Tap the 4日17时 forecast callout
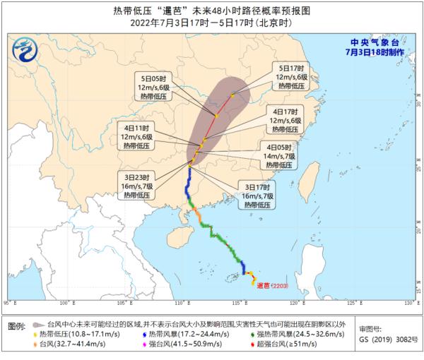[288, 121]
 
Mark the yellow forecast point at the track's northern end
[232, 95]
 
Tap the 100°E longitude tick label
[67, 303]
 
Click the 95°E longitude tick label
[11, 303]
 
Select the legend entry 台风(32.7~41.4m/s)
[71, 345]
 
